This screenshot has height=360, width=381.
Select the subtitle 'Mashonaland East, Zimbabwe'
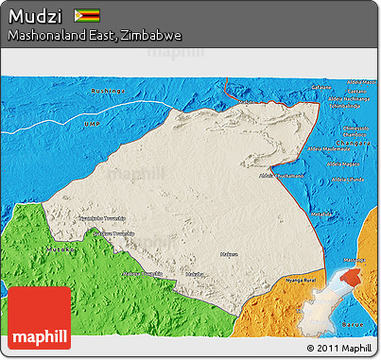[x=95, y=35]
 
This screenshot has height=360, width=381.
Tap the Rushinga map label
[x=107, y=91]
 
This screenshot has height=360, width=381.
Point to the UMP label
[x=92, y=124]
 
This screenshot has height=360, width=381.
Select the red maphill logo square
[x=39, y=317]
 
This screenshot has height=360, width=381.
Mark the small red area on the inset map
[x=351, y=277]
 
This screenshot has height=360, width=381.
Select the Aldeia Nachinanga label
[x=351, y=98]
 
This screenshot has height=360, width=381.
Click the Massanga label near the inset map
[x=354, y=260]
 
